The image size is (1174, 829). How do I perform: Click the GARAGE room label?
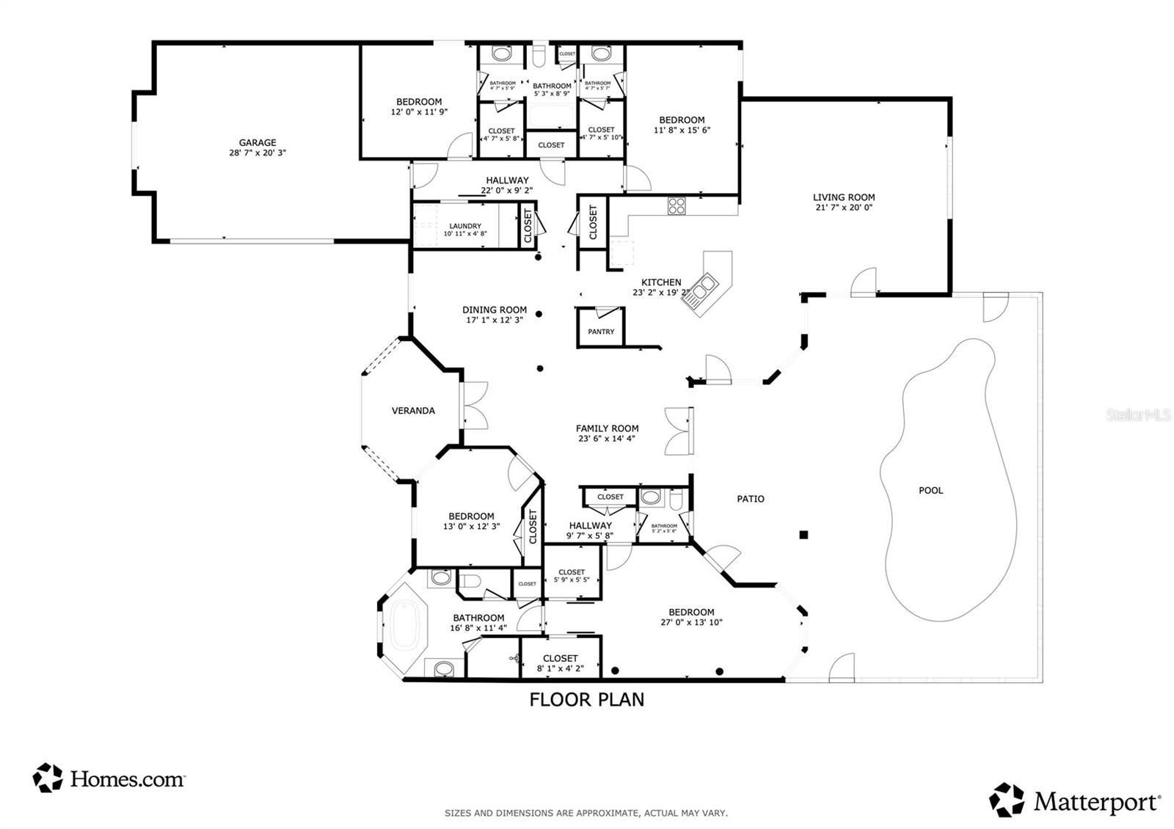[x=258, y=143]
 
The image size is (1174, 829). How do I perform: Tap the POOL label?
[x=930, y=490]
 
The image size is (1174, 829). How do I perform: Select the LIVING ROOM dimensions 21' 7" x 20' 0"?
[x=844, y=208]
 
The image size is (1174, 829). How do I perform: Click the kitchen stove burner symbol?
[x=676, y=206]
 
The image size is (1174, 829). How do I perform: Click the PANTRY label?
[x=601, y=332]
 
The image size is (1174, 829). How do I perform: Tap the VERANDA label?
[x=413, y=411]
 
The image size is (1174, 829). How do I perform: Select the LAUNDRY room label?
[x=465, y=226]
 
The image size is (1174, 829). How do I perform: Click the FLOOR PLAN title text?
[x=587, y=699]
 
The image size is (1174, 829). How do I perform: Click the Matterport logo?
[x=1076, y=800]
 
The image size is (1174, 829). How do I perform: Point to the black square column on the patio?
[x=803, y=535]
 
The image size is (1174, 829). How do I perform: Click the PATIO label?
[x=751, y=499]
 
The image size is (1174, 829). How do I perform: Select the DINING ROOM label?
[x=495, y=310]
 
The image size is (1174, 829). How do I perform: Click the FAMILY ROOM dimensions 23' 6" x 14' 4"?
[x=607, y=439]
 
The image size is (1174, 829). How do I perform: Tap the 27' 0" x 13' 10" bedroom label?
[x=691, y=622]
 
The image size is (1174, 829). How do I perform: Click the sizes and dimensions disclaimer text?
[x=586, y=813]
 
